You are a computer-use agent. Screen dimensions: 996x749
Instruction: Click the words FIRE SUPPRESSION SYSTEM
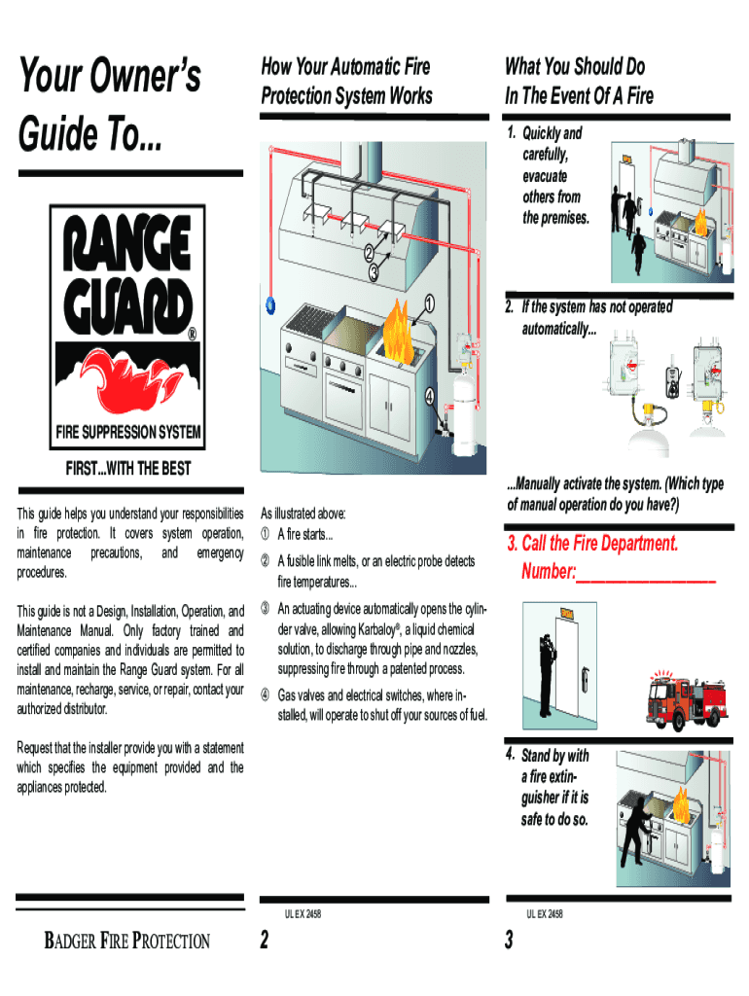click(x=128, y=431)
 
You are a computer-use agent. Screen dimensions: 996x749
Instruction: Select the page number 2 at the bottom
click(x=265, y=941)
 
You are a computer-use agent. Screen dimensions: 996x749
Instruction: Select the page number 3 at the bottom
click(x=508, y=941)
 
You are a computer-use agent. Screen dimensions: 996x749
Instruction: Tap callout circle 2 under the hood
click(x=369, y=255)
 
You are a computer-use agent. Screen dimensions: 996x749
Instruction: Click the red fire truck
click(x=689, y=698)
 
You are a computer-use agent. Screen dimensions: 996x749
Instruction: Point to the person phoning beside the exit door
click(x=547, y=671)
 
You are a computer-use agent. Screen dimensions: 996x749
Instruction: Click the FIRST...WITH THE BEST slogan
click(x=127, y=469)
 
